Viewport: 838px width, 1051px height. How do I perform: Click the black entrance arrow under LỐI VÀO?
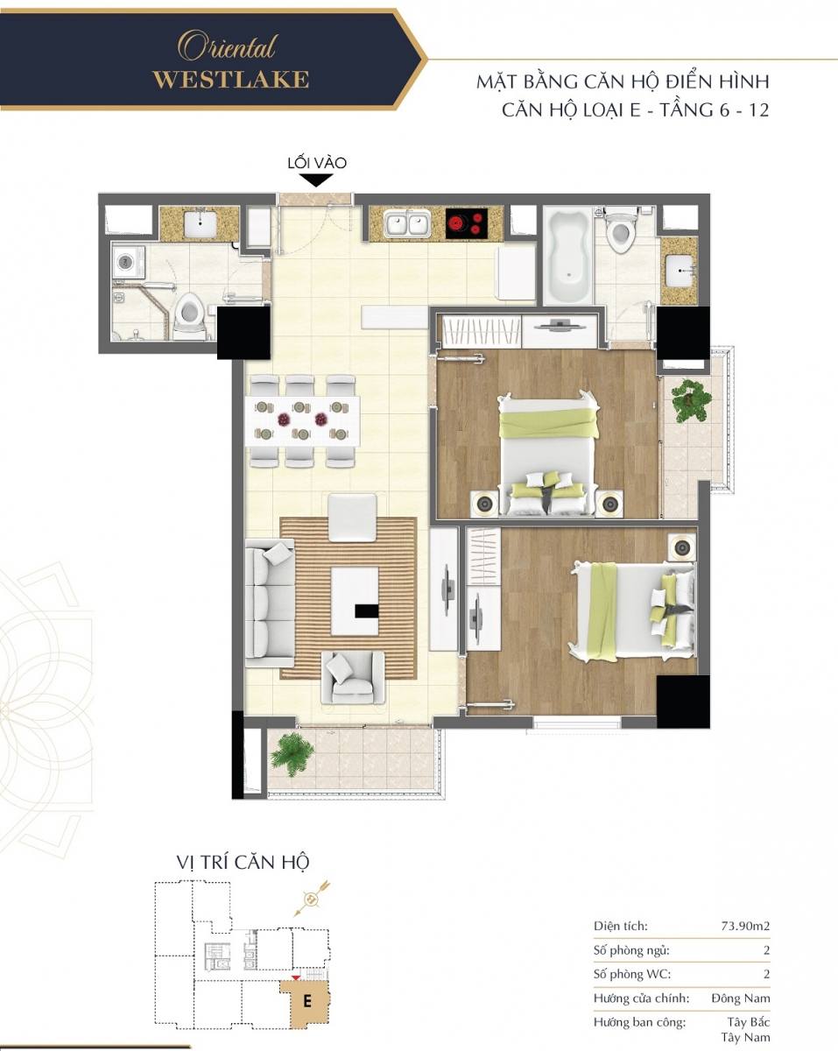click(316, 180)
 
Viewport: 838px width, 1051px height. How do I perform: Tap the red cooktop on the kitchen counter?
click(467, 223)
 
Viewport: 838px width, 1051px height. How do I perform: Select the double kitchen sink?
click(407, 225)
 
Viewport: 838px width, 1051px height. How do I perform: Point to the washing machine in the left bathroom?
click(129, 262)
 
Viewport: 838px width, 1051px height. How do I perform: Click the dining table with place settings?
click(303, 420)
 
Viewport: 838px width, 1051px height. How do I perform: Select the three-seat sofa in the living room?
click(270, 603)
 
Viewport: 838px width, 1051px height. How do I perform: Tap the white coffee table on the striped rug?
click(355, 601)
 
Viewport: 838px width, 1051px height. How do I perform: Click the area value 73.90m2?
click(745, 926)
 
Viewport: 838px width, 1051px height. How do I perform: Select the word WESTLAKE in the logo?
click(230, 80)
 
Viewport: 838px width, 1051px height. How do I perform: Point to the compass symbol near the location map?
click(312, 899)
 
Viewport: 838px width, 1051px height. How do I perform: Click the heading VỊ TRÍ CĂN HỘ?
click(243, 863)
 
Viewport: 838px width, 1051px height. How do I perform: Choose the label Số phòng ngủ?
click(631, 950)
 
